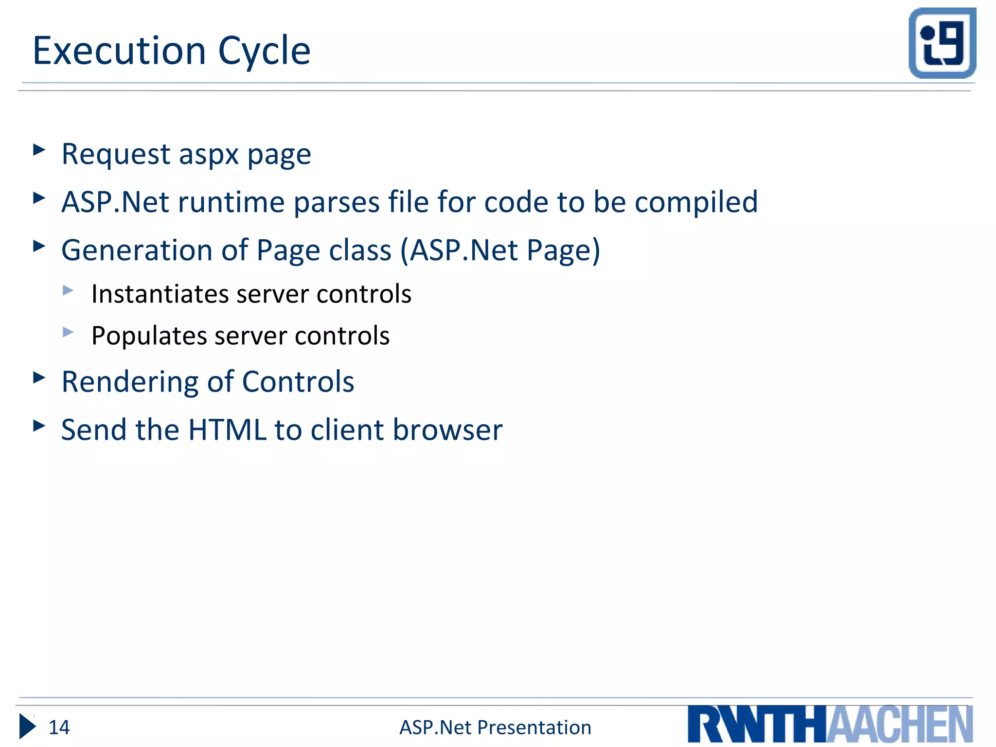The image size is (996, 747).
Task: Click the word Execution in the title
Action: coord(119,51)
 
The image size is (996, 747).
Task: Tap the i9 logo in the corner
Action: coord(942,43)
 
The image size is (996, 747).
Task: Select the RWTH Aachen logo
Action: coord(830,724)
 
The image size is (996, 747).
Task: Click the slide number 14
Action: coord(59,728)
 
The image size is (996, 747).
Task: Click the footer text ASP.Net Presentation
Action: coord(495,728)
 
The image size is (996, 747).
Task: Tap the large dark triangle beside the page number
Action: coord(27,727)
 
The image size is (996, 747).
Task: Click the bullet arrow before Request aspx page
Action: coord(39,150)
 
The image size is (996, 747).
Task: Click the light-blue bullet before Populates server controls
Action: coord(68,333)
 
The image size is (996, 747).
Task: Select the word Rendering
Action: coord(130,382)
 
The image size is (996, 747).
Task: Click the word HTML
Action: coord(227,430)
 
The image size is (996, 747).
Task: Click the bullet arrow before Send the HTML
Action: coord(39,426)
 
